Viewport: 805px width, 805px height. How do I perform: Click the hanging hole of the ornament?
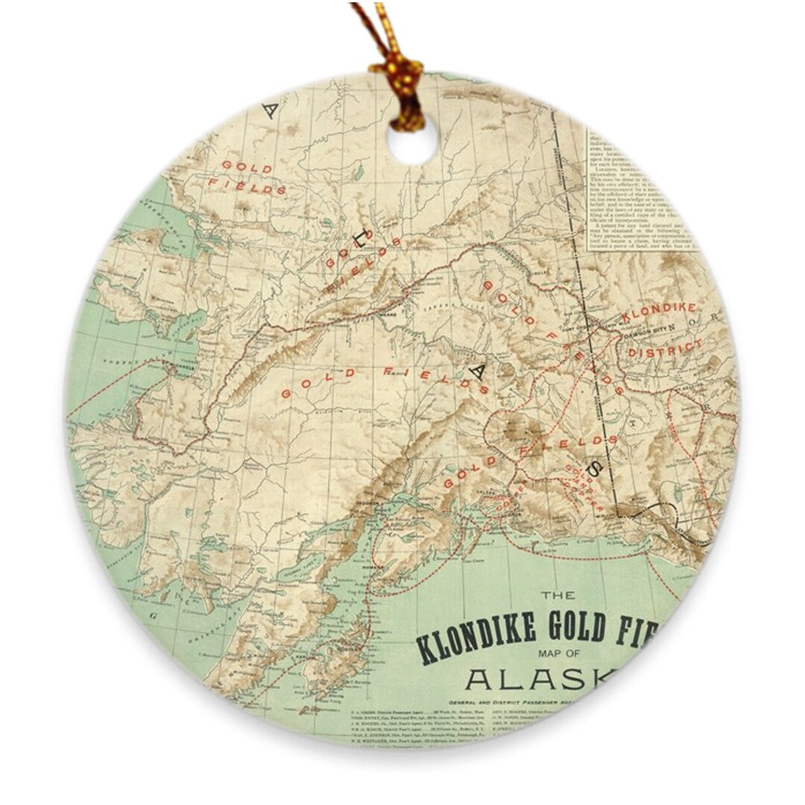(x=412, y=142)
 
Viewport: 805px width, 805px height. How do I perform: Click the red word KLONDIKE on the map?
(x=659, y=312)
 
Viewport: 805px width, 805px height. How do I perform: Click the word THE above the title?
(x=558, y=596)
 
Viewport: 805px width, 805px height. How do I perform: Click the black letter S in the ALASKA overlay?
(x=596, y=467)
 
